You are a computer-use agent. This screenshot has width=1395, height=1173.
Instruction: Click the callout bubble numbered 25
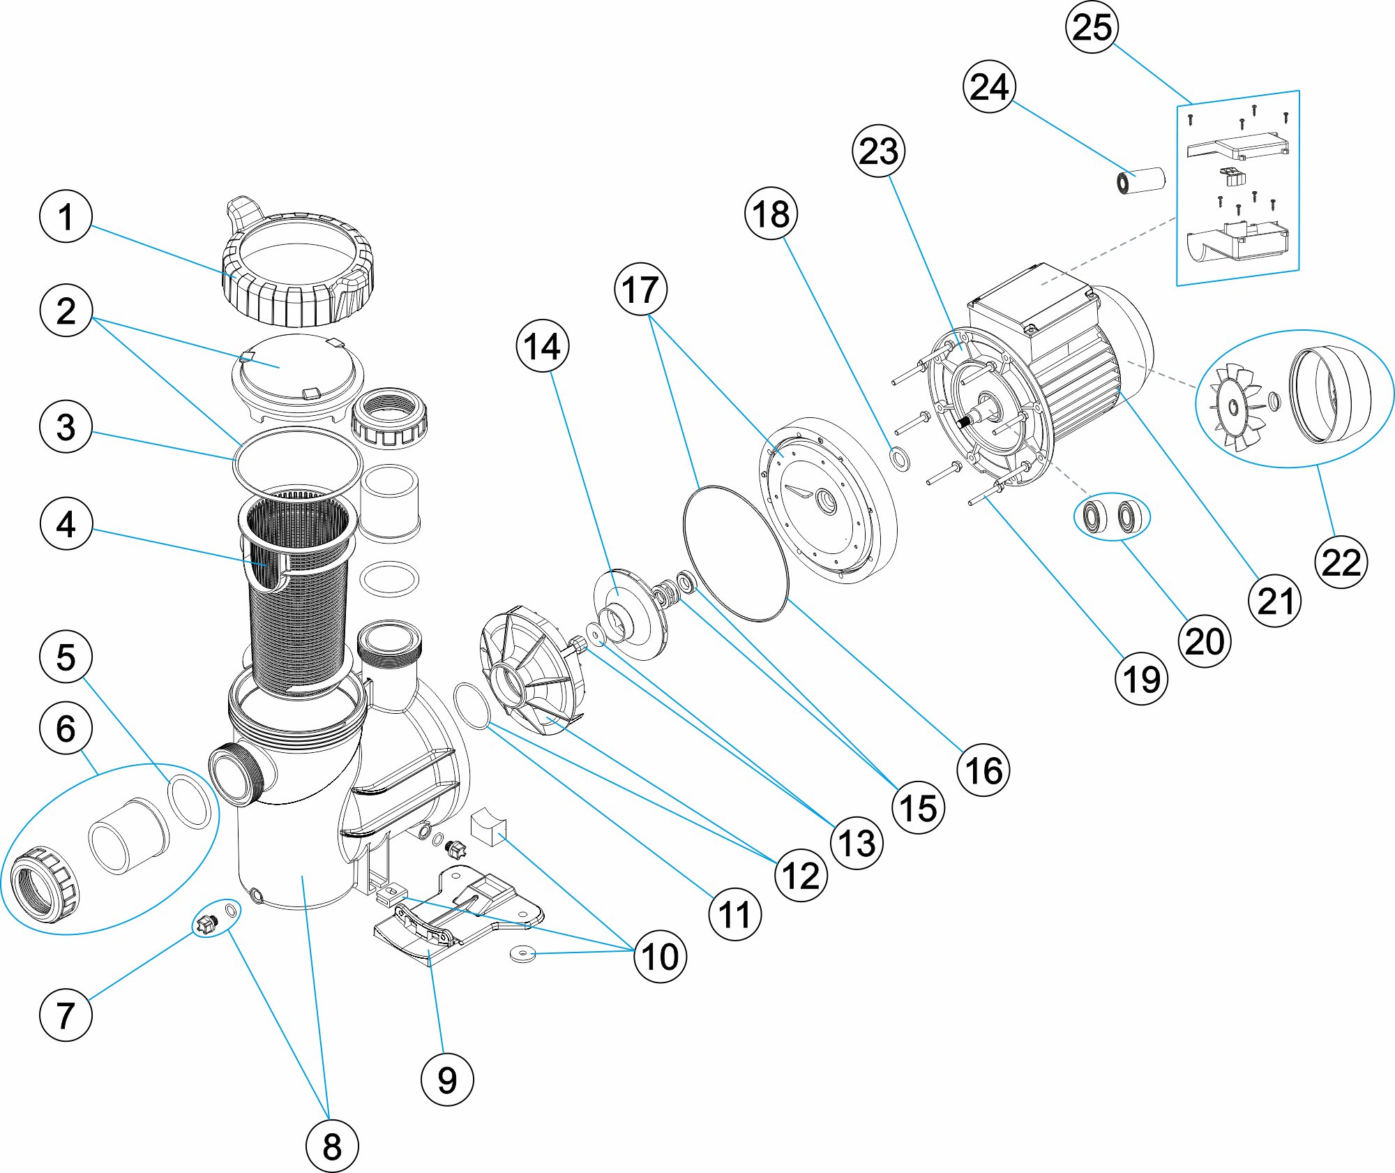[x=1092, y=27]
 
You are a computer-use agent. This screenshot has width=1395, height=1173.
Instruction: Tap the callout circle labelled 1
[x=66, y=216]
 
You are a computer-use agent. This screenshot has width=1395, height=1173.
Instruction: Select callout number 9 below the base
[x=447, y=1079]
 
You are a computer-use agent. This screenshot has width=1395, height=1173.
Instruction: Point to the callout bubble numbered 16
[x=983, y=770]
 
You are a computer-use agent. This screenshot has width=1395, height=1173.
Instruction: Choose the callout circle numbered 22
[x=1341, y=562]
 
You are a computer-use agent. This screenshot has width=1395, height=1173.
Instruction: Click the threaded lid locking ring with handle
[x=299, y=269]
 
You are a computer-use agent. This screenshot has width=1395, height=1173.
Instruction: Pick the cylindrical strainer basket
[x=299, y=593]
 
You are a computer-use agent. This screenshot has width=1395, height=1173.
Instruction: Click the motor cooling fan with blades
[x=1235, y=408]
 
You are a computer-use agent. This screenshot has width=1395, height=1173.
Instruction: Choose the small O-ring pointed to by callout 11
[x=472, y=706]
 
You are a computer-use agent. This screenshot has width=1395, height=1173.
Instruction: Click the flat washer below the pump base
[x=522, y=952]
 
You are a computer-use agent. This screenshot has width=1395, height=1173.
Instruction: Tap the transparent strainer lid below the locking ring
[x=298, y=377]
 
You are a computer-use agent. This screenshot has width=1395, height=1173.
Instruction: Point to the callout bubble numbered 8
[x=332, y=1146]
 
